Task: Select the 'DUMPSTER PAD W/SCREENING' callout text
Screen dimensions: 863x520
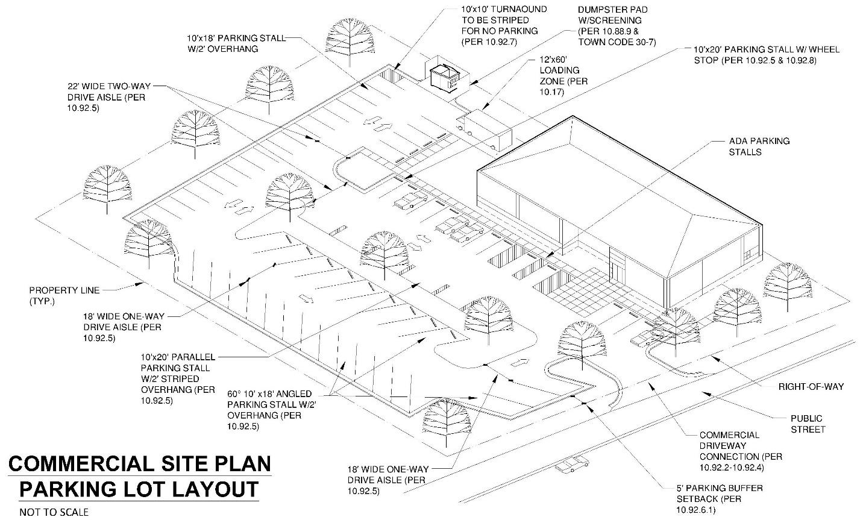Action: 616,26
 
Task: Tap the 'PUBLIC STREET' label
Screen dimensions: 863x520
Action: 807,424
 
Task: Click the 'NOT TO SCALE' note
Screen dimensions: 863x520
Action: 54,512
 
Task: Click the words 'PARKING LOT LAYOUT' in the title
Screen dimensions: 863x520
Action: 139,489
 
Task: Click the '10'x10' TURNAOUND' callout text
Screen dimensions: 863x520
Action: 504,25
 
